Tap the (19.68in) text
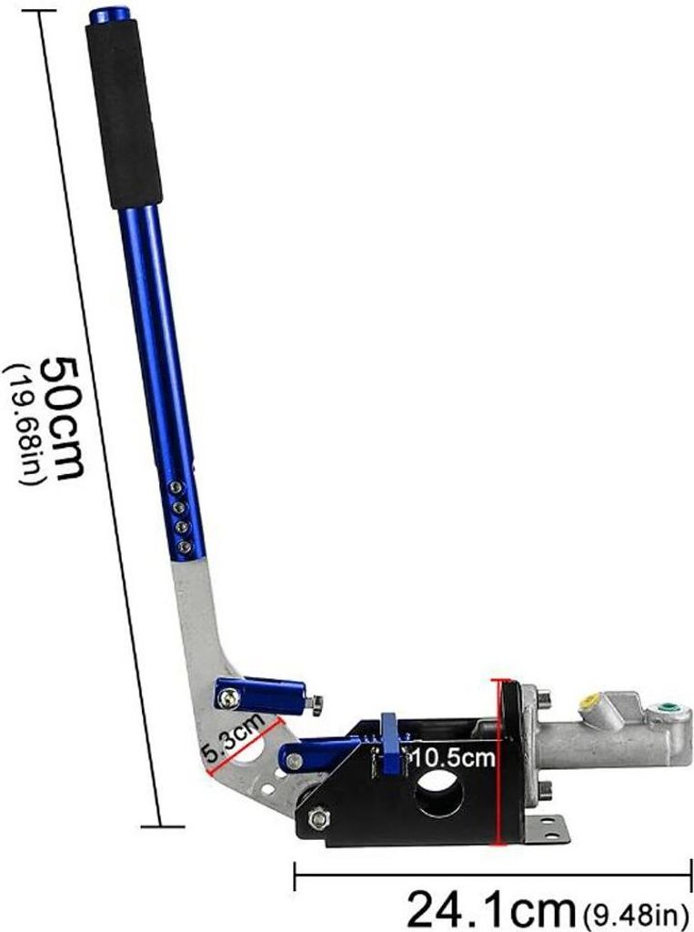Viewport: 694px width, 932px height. coord(23,423)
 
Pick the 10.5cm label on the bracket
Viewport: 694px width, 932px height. coord(453,757)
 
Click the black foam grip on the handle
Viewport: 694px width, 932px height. coord(124,113)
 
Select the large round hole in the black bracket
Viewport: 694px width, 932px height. coord(439,796)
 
